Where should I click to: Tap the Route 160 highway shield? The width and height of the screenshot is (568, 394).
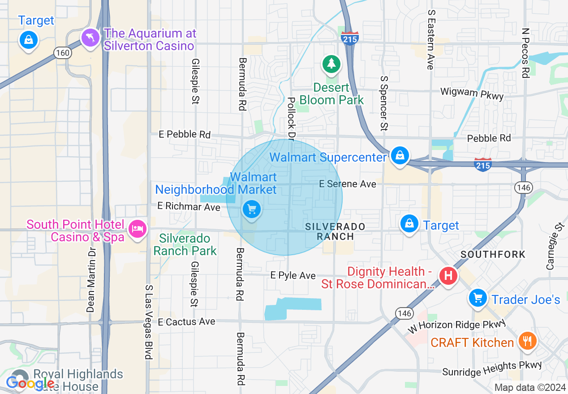point(62,53)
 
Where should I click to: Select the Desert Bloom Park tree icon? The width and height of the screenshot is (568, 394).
point(331,64)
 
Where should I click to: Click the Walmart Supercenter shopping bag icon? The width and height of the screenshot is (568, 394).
point(398,156)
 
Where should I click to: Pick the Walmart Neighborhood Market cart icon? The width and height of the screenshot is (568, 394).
point(251,209)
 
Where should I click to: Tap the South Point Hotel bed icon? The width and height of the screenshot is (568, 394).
point(137,229)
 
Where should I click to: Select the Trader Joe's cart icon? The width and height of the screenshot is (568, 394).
point(478,298)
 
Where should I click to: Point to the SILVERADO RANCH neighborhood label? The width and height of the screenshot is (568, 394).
point(335,231)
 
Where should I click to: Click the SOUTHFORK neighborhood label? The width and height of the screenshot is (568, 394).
point(493,254)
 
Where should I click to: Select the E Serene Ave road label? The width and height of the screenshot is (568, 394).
point(347,184)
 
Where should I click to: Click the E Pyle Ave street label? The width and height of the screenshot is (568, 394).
point(293,275)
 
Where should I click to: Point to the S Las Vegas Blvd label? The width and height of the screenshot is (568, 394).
point(148,321)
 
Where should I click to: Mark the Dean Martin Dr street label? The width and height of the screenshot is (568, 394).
point(91,280)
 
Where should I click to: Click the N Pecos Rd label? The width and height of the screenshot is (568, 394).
point(526,53)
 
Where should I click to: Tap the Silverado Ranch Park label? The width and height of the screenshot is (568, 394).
point(185,244)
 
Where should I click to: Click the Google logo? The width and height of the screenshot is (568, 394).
point(30,383)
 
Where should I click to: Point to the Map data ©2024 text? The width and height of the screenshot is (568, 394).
point(530,387)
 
